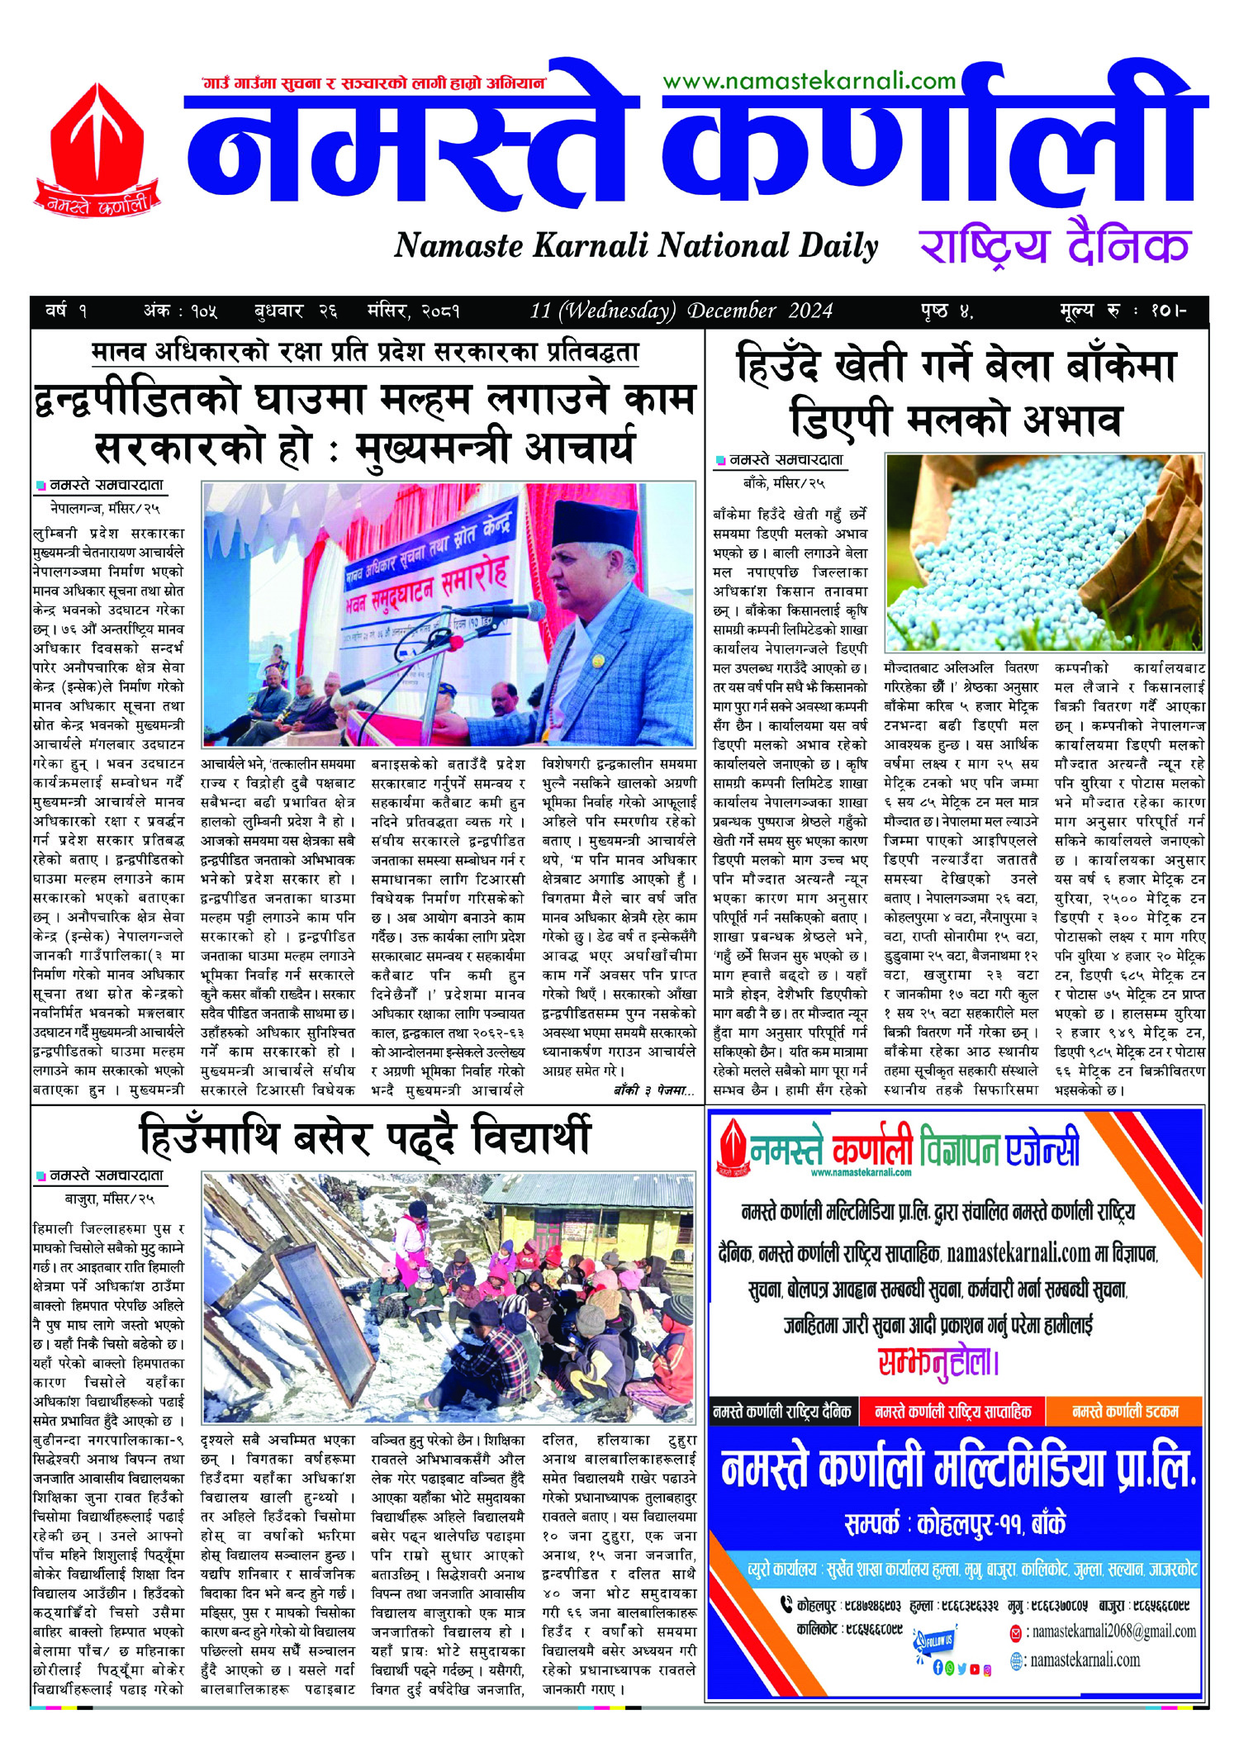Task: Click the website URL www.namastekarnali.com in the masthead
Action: coord(809,80)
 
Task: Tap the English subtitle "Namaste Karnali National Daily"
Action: coord(636,245)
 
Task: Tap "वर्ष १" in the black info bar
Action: coord(66,311)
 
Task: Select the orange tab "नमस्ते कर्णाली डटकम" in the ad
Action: coord(1125,1412)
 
